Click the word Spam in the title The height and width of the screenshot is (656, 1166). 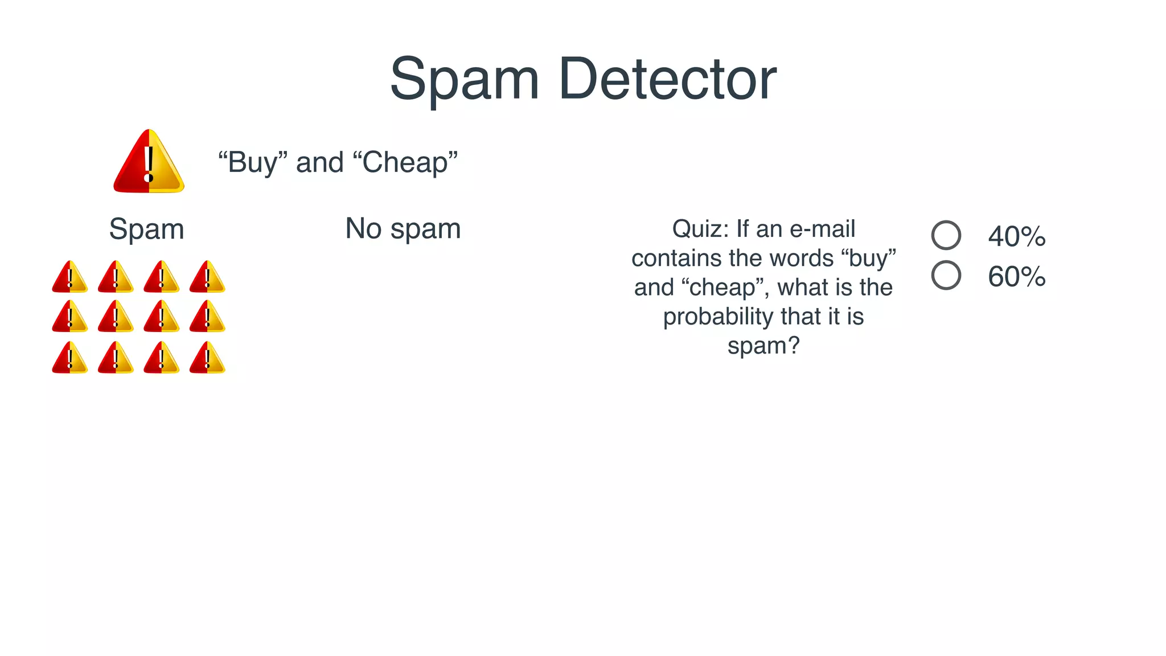pyautogui.click(x=464, y=80)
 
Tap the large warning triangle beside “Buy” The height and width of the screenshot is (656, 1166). pyautogui.click(x=149, y=163)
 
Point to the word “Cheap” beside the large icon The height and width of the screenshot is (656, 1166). pyautogui.click(x=405, y=162)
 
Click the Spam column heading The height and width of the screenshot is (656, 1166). pyautogui.click(x=146, y=229)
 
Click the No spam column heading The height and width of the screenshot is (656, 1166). pyautogui.click(x=403, y=229)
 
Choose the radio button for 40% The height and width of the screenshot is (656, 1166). pyautogui.click(x=946, y=235)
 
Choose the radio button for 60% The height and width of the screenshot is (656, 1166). pyautogui.click(x=946, y=276)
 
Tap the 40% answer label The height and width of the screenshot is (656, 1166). pyautogui.click(x=1017, y=236)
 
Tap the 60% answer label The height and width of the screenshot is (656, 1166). pyautogui.click(x=1017, y=277)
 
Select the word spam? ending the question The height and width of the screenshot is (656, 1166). pyautogui.click(x=763, y=346)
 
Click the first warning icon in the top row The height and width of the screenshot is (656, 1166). pyautogui.click(x=70, y=277)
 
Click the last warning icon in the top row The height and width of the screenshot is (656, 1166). pyautogui.click(x=207, y=277)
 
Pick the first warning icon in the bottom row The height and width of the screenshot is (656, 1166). pyautogui.click(x=70, y=358)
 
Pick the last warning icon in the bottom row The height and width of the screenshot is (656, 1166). pyautogui.click(x=207, y=358)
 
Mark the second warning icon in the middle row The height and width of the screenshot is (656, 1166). pyautogui.click(x=116, y=317)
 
